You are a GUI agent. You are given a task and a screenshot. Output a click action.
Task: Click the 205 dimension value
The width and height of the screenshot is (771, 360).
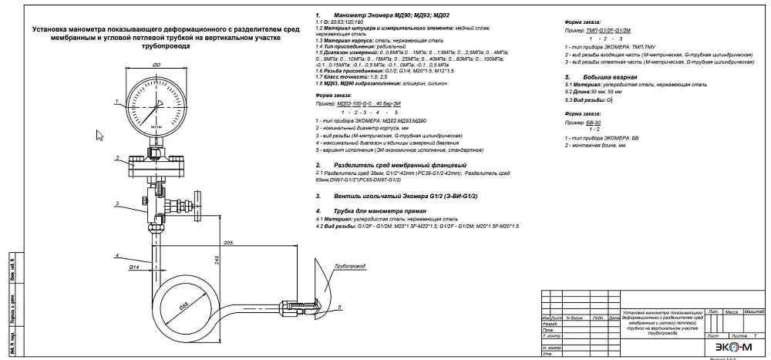coord(228,244)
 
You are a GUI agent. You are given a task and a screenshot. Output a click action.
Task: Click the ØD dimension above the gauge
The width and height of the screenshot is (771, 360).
coord(157,66)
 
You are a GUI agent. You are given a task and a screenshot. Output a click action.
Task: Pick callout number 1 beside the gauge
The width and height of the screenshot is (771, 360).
coord(116,101)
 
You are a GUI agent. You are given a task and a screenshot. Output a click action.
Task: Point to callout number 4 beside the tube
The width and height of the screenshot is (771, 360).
coord(116,254)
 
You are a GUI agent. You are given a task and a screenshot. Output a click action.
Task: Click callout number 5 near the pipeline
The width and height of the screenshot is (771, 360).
coord(338,307)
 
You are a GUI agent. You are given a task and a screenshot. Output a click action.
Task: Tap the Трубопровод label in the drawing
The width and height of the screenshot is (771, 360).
coord(349,266)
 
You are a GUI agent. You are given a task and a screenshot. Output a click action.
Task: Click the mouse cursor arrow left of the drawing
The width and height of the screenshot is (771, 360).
coord(99,135)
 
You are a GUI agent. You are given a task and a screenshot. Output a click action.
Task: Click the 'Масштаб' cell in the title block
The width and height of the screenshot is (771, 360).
coord(753,311)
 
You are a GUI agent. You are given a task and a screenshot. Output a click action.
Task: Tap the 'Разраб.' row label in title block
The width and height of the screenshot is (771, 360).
coord(553,324)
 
